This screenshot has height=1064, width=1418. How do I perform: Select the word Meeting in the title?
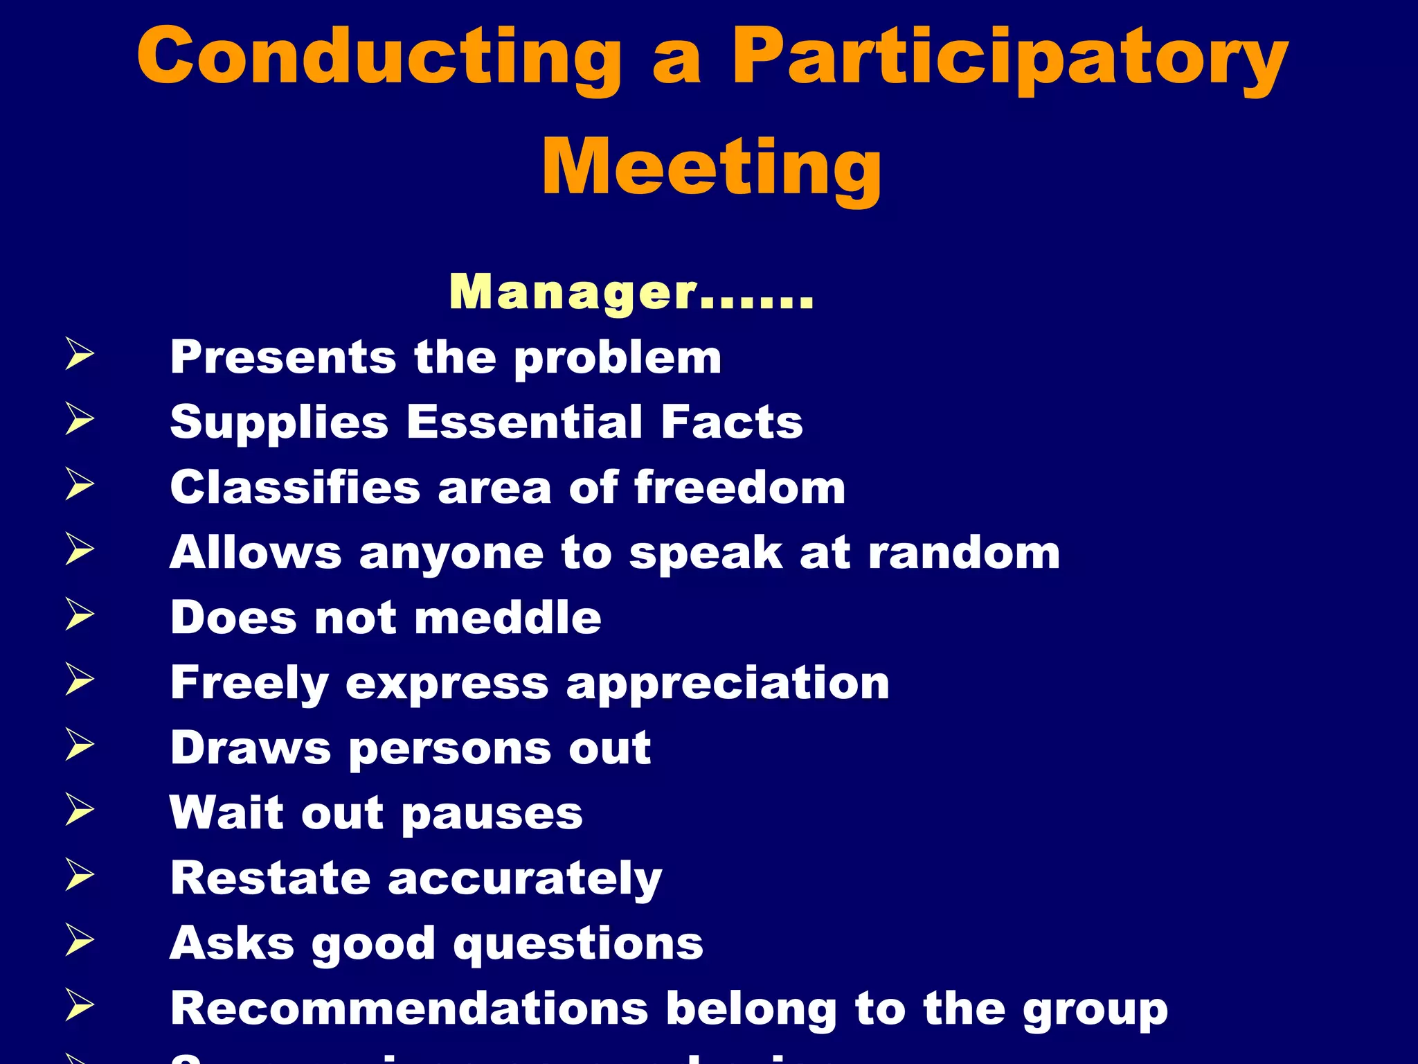coord(711,168)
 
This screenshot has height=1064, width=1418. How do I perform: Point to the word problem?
coord(618,358)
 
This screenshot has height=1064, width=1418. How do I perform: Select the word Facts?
coord(731,423)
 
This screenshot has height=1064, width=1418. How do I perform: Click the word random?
coord(964,553)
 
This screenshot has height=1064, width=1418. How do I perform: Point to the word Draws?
coord(251,748)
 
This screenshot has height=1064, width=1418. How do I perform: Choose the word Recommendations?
coord(409,1009)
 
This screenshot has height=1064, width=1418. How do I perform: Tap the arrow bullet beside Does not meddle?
coord(80,614)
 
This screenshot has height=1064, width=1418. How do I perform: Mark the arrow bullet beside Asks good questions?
coord(80,941)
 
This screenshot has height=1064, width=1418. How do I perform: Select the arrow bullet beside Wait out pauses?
coord(80,809)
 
